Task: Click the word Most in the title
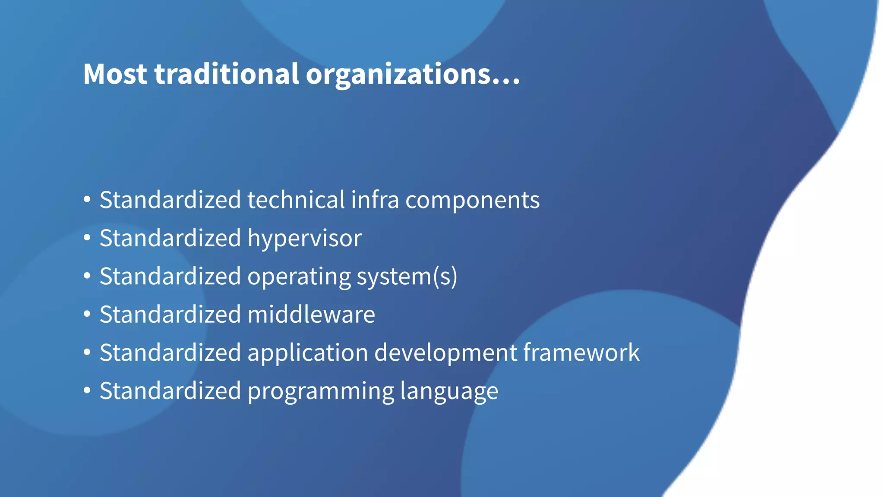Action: pos(115,74)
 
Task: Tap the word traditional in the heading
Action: pos(226,74)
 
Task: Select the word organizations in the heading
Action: pos(398,74)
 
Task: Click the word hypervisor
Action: pos(304,238)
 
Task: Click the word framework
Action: pos(581,352)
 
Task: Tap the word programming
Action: pos(321,391)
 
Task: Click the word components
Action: pos(472,200)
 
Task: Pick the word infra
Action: pos(375,200)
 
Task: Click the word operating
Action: pos(299,277)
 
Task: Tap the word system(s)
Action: pos(407,277)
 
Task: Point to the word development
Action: pos(445,352)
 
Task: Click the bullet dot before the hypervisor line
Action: pos(87,238)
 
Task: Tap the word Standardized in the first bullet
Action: pos(170,200)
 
